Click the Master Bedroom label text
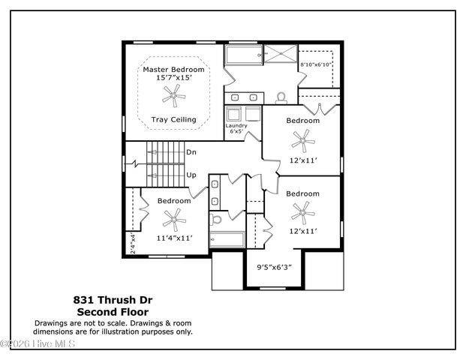[x=175, y=70]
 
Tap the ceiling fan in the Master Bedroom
[x=173, y=94]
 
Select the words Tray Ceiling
[x=173, y=119]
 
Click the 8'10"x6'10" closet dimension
[x=316, y=65]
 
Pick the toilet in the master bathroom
[x=281, y=97]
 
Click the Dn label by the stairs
[x=191, y=152]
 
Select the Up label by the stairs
[x=191, y=175]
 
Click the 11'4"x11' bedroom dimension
[x=174, y=238]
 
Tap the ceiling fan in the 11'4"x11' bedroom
[x=173, y=218]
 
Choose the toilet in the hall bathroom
[x=217, y=220]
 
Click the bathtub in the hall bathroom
[x=227, y=241]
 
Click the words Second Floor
[x=113, y=311]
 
